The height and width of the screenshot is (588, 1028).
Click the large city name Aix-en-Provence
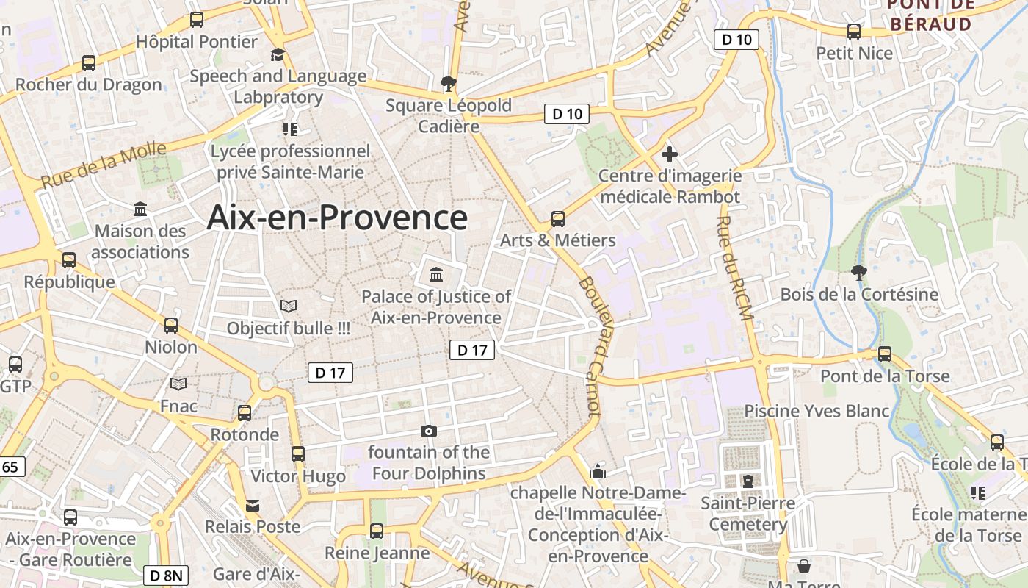tap(337, 218)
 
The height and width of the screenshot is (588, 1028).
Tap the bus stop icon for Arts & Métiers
tap(558, 218)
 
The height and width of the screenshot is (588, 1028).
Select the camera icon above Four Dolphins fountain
tap(429, 431)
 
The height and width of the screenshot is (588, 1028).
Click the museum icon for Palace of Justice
tap(437, 275)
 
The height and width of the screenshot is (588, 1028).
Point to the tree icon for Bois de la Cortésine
tap(858, 273)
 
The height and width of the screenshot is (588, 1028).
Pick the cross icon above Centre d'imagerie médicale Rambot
tap(669, 154)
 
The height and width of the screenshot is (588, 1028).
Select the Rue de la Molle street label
tap(104, 165)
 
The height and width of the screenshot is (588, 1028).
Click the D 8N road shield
tap(166, 576)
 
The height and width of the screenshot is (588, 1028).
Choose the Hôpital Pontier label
tap(197, 42)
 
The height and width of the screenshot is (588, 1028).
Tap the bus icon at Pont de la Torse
tap(885, 354)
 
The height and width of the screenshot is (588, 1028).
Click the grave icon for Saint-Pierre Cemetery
tap(748, 481)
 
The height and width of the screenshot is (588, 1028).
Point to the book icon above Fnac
tap(178, 384)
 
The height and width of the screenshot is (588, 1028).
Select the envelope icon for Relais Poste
tap(253, 506)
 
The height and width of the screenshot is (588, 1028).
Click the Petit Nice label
tap(855, 53)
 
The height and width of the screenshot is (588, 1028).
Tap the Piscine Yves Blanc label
tap(817, 411)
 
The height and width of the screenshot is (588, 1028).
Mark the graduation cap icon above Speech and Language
tap(278, 54)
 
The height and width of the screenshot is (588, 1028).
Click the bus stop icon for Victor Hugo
tap(297, 454)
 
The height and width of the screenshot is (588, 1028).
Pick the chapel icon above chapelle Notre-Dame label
tap(598, 470)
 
